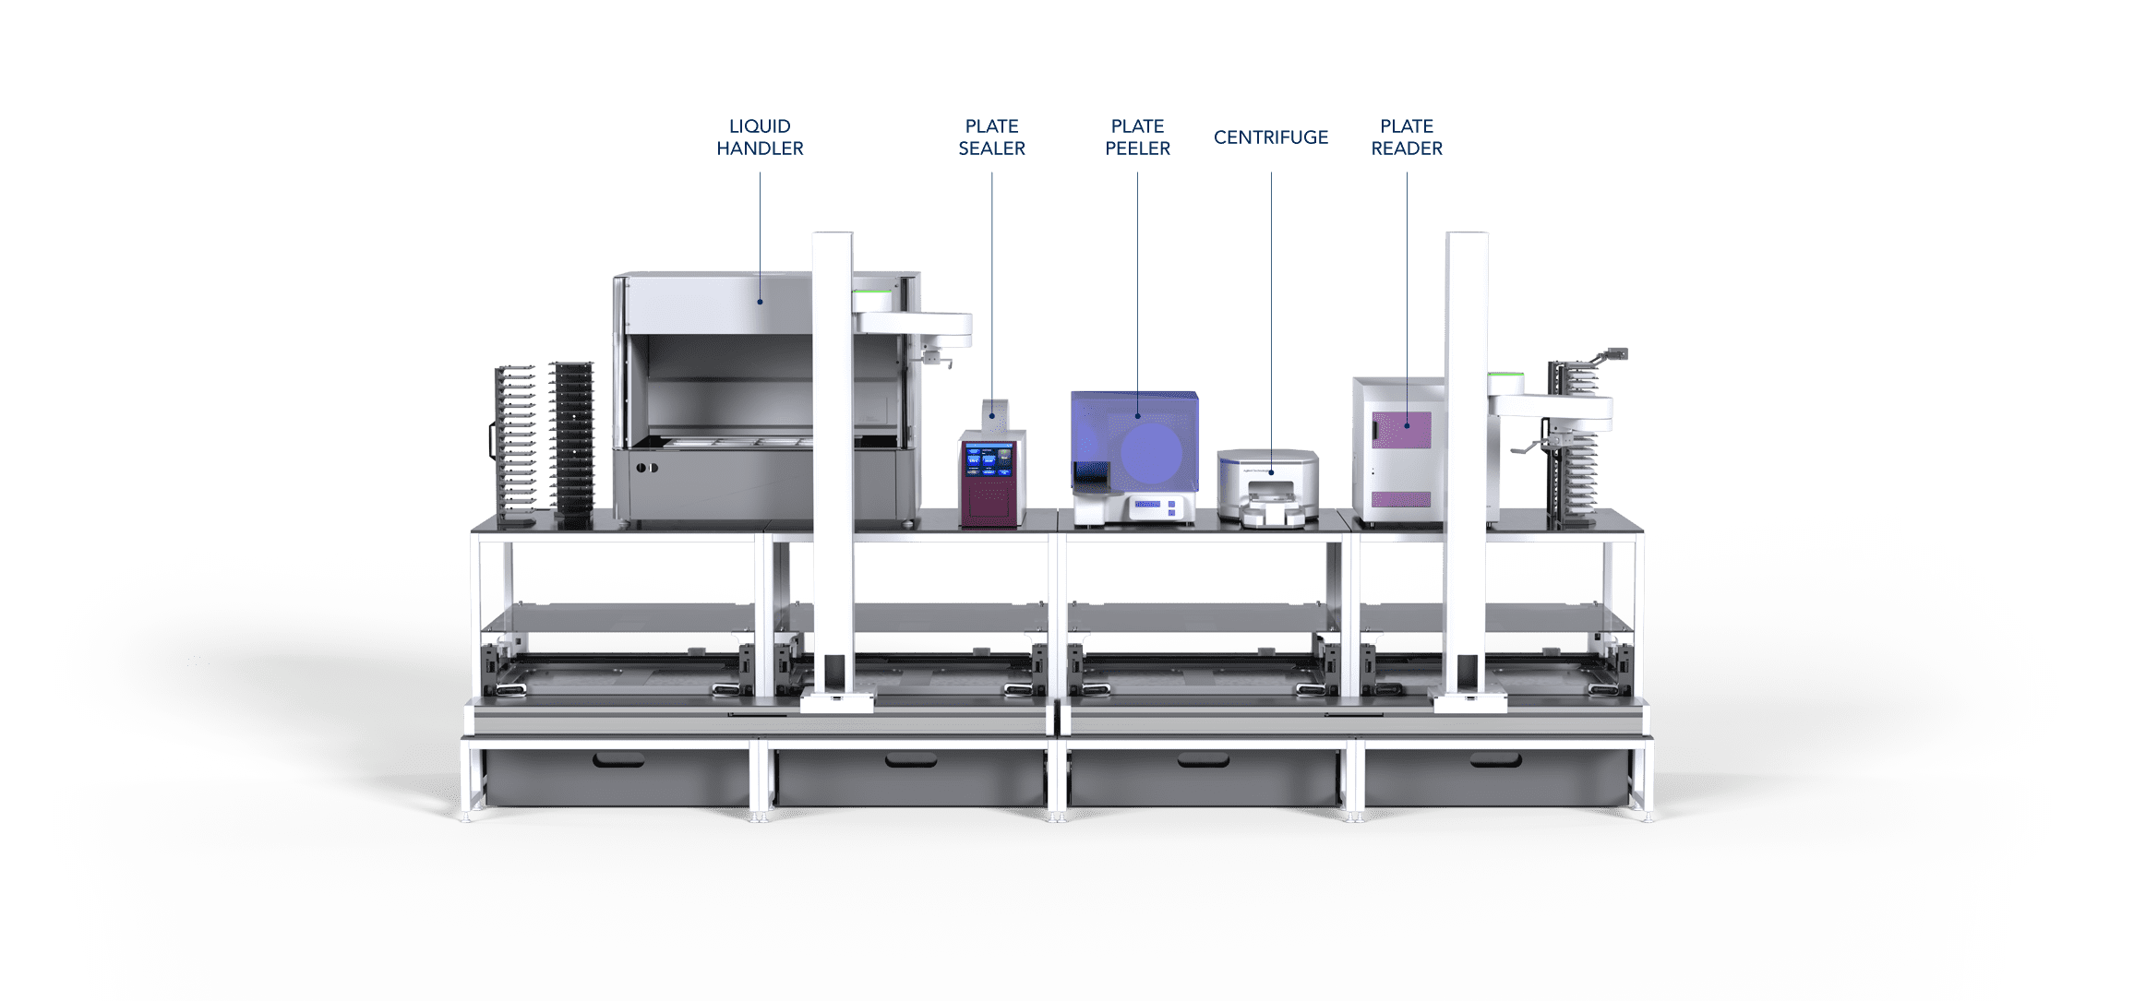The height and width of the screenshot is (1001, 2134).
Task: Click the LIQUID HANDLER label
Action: click(760, 137)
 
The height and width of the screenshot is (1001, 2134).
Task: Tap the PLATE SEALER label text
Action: click(991, 137)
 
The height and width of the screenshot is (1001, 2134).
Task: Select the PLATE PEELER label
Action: click(1137, 137)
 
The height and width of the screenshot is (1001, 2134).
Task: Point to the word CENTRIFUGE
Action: click(1270, 137)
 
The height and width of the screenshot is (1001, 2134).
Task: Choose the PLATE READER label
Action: click(1406, 137)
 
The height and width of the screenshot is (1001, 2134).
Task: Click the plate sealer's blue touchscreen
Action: click(989, 461)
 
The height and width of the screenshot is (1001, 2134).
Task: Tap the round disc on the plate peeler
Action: click(1151, 452)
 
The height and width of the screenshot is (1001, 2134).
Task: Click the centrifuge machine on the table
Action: click(1267, 488)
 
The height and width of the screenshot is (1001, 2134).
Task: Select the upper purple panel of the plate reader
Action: click(1401, 430)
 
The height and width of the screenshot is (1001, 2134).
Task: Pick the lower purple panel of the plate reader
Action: click(1401, 500)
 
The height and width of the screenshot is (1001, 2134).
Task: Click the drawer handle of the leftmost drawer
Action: click(619, 760)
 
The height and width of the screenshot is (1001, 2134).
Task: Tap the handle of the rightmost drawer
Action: click(1495, 760)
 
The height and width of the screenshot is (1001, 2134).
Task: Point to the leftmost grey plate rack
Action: click(514, 441)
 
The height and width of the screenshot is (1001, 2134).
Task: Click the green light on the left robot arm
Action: click(871, 294)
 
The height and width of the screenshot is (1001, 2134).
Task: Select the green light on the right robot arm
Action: click(1505, 375)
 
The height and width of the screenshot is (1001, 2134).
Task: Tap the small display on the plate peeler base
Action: click(1147, 504)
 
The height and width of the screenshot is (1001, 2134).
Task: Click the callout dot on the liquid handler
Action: click(760, 302)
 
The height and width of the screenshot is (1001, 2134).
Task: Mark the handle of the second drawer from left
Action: click(911, 760)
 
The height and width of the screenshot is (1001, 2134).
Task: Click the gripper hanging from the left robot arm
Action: click(936, 356)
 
